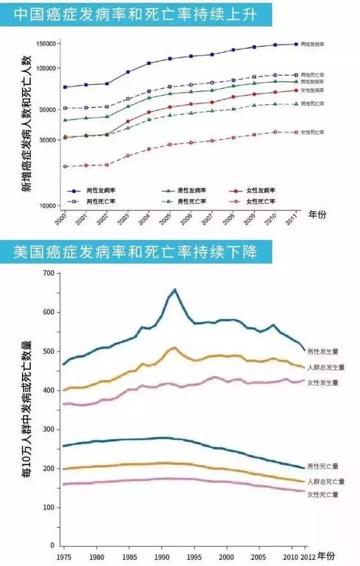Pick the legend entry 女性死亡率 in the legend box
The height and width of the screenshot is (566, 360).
point(261,201)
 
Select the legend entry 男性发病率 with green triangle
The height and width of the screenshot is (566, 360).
point(191,191)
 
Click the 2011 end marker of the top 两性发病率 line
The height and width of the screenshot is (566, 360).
point(296,44)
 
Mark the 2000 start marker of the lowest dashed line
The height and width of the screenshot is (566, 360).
point(65,167)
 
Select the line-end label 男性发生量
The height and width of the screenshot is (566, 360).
point(322,351)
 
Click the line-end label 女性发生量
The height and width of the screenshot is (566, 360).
point(322,383)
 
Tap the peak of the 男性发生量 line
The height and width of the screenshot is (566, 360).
point(175,290)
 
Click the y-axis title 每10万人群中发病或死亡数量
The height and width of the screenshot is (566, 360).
point(26,408)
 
